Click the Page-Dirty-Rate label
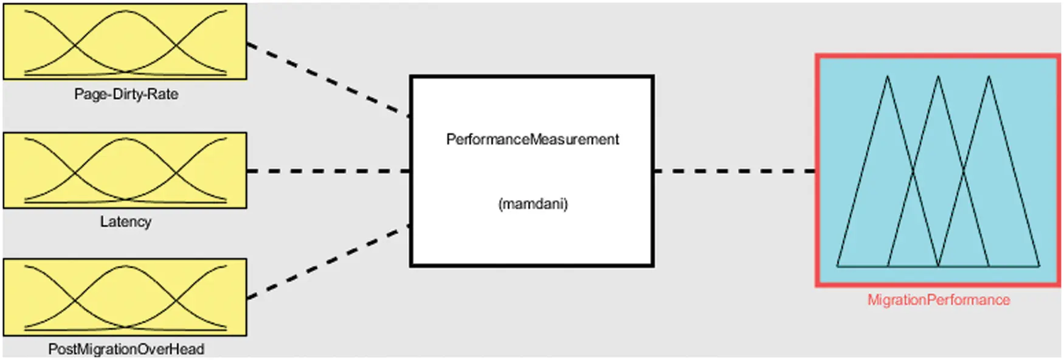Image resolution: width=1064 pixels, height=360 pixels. coord(126,94)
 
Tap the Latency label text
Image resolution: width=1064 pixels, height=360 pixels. coord(125,221)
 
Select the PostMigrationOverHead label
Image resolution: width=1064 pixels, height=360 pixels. coord(126,349)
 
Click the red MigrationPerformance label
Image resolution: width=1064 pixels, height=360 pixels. coord(938,300)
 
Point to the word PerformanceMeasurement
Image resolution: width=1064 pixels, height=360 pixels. coord(532,139)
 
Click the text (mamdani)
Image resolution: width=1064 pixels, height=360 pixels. coord(533,204)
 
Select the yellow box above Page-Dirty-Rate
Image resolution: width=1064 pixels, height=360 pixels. coord(125,41)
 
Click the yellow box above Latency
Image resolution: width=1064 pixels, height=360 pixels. coord(125,170)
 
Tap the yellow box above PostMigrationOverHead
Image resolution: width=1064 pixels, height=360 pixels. coord(125,297)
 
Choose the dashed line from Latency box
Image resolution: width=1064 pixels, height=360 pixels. coord(328,171)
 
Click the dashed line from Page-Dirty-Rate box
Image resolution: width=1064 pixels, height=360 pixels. coord(328,79)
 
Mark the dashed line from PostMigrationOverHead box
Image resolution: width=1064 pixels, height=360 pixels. coord(328,263)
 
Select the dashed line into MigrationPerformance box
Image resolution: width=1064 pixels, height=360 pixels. coord(734,171)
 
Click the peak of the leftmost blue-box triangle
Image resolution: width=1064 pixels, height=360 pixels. coord(887,77)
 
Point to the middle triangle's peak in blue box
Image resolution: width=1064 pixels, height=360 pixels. coord(938,77)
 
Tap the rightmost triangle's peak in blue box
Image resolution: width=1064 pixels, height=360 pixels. coord(989,77)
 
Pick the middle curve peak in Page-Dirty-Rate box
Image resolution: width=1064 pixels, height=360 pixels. coord(125,11)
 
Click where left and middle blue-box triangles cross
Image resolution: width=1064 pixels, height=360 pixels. coord(913,172)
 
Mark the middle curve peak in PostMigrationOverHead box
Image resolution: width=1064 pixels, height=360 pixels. coord(125,266)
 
